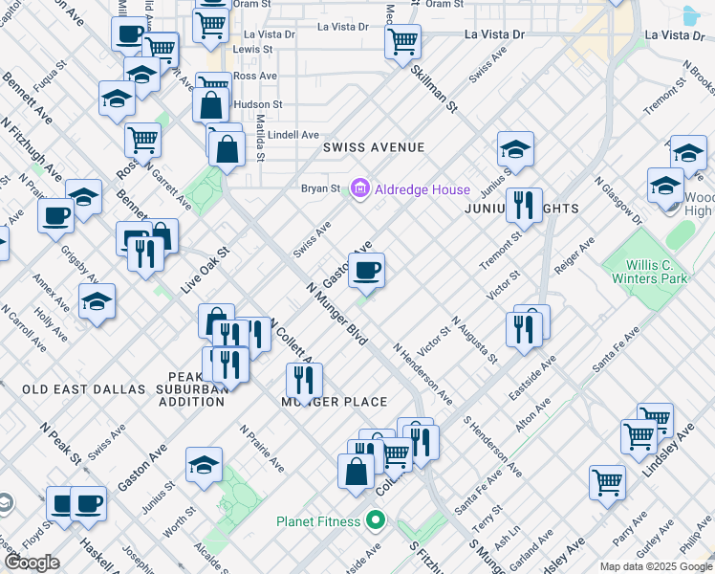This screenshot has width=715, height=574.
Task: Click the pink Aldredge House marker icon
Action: pos(360,189)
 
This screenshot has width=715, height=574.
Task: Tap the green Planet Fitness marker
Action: pos(376,521)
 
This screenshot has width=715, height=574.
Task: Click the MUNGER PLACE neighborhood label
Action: pos(334,402)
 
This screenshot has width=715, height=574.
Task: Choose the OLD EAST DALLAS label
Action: pos(83,389)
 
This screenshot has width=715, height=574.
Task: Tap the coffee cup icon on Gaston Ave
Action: pos(366,272)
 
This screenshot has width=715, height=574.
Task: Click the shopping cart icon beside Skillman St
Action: pos(403,41)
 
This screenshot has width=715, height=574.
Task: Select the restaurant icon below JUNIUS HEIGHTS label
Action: pos(524,205)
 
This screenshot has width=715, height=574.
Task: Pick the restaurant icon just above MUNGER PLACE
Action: pos(304,379)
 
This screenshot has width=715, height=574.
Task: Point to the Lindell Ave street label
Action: pos(292,135)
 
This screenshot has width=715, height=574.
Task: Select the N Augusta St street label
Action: pos(475,341)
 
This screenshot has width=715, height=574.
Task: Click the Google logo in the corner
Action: pos(32,563)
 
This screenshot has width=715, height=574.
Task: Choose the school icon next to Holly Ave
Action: pos(97,302)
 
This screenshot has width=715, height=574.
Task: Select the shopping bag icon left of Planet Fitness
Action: pos(356,472)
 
